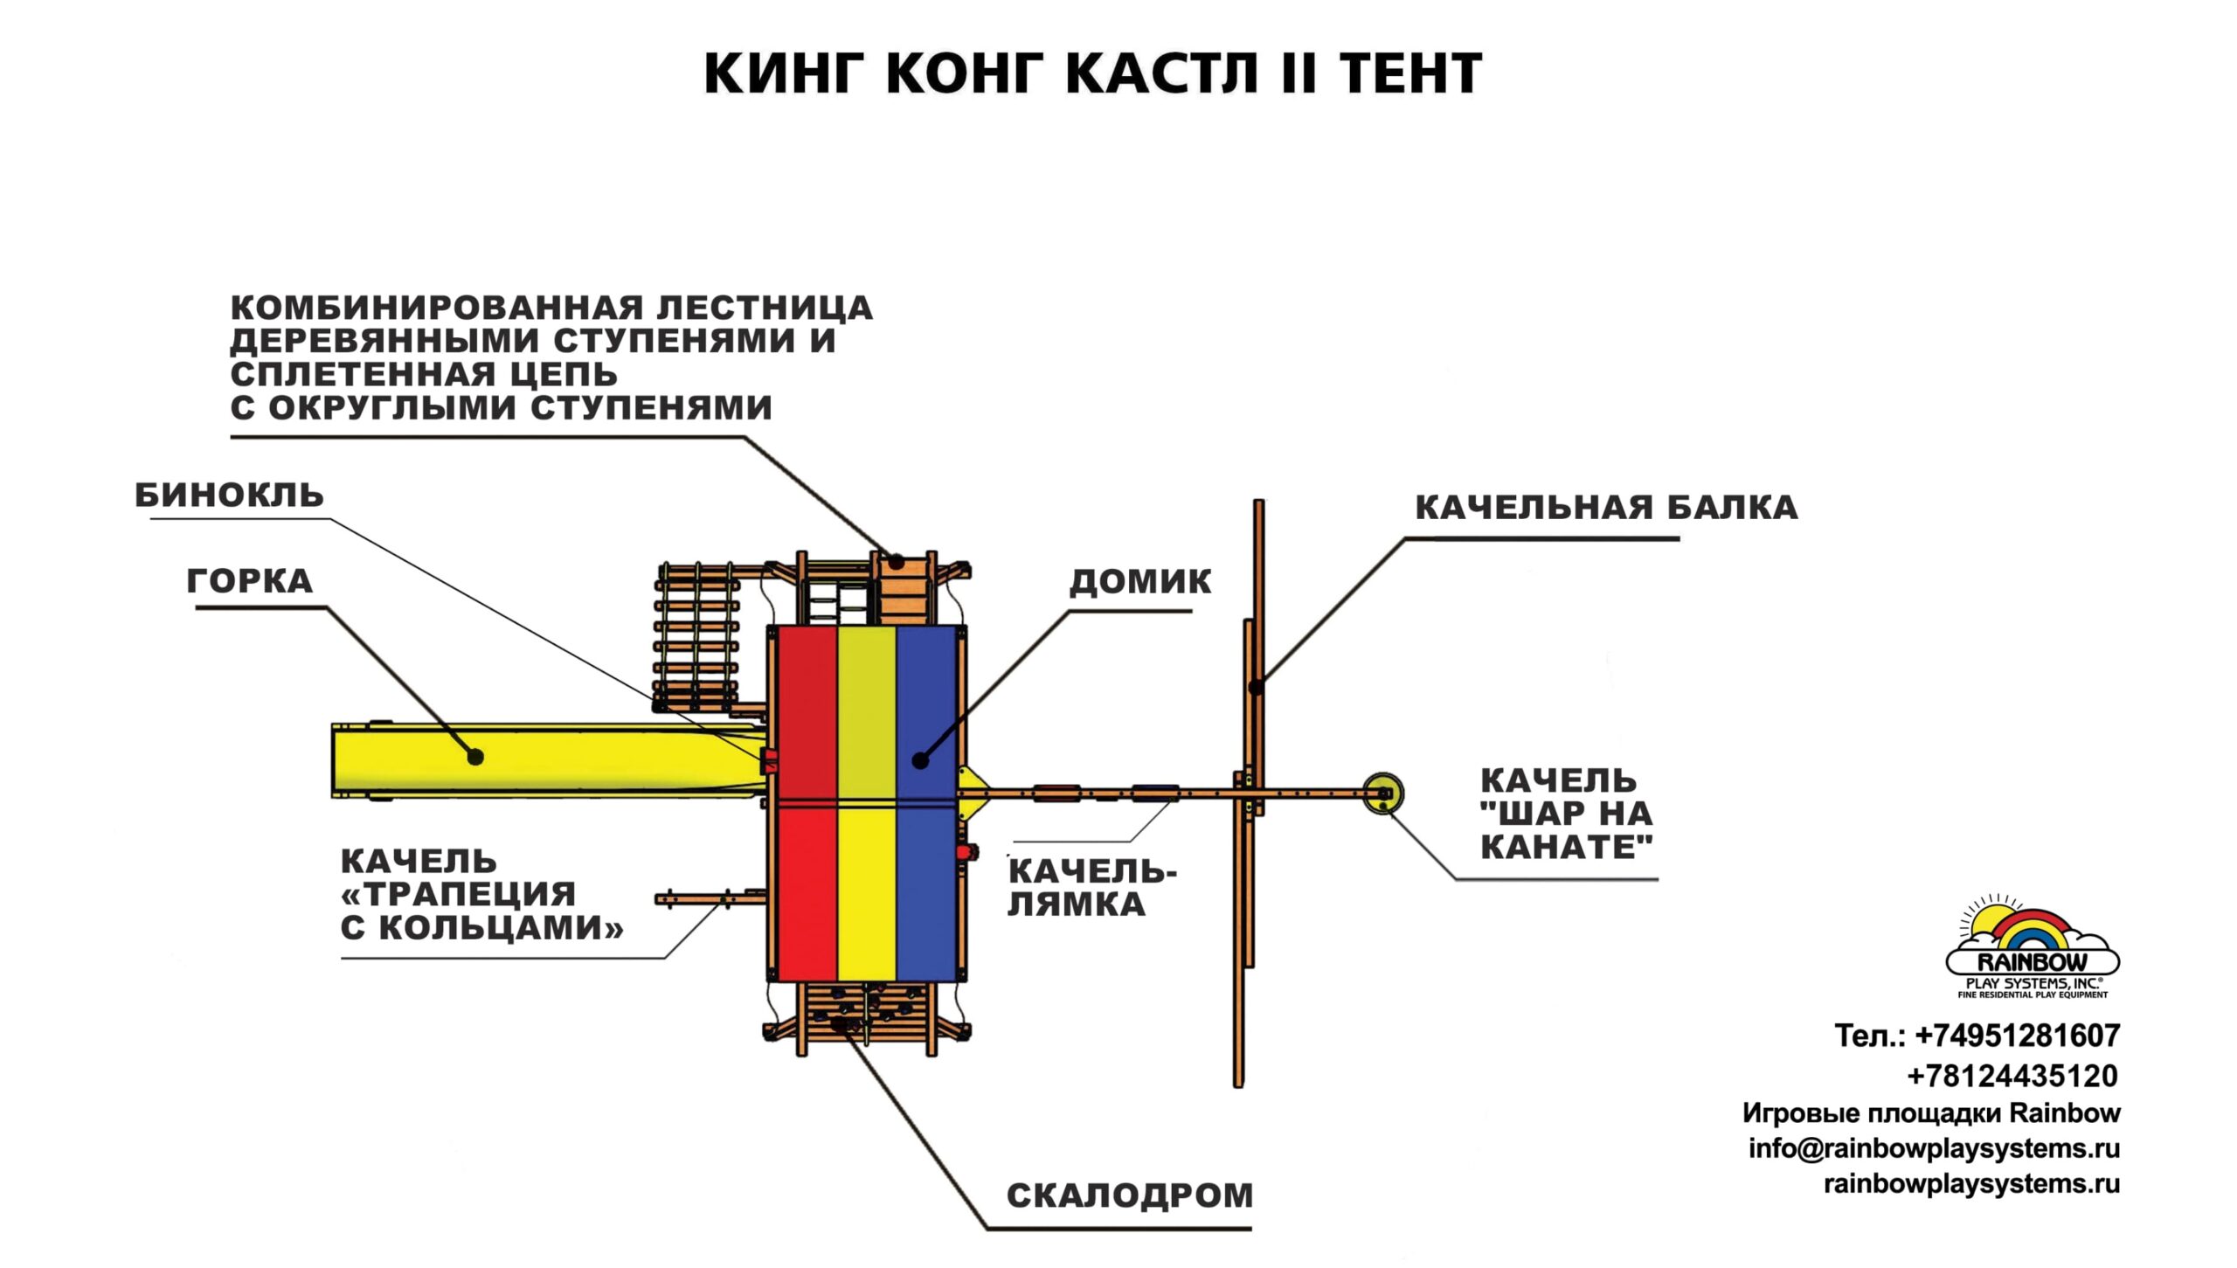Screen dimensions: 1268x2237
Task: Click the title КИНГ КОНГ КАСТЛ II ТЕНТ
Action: tap(1092, 73)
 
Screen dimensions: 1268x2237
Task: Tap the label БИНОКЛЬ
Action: tap(229, 495)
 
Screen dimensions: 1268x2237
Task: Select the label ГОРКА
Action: tap(250, 581)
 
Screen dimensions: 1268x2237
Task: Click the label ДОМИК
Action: tap(1140, 581)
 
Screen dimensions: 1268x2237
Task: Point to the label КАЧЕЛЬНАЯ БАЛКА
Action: tap(1606, 508)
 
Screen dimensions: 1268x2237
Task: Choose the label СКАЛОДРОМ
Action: tap(1130, 1195)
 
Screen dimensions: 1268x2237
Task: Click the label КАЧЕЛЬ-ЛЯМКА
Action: tap(1092, 887)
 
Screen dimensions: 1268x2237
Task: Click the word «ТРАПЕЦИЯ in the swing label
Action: tap(459, 894)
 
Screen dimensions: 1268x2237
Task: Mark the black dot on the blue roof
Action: tap(919, 761)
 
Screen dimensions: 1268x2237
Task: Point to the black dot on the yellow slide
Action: tap(475, 757)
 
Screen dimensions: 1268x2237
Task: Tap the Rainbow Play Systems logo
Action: tap(2032, 948)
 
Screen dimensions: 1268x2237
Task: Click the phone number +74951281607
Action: tap(2017, 1036)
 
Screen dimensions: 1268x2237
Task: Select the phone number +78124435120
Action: tap(2012, 1076)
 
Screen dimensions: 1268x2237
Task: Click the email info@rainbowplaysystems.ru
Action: tap(1934, 1147)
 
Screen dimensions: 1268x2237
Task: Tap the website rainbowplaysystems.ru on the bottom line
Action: tap(1971, 1183)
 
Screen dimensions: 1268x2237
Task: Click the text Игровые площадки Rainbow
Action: tap(1931, 1112)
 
